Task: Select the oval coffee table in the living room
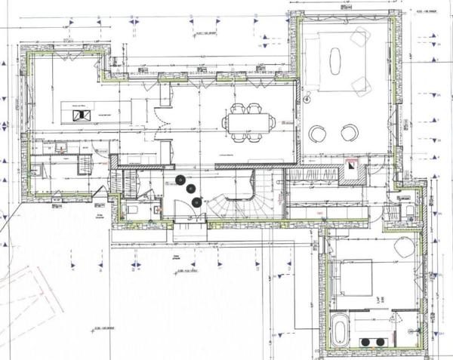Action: (x=335, y=60)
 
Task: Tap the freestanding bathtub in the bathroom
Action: (x=341, y=331)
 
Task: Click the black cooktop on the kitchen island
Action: (x=79, y=115)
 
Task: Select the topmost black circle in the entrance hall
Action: (x=181, y=178)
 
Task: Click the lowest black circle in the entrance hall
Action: (x=197, y=202)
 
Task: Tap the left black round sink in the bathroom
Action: (x=366, y=342)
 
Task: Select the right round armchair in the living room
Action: (x=348, y=134)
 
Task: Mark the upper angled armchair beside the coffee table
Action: (x=360, y=35)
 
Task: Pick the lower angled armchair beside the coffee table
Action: (x=361, y=83)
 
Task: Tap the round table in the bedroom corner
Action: (x=404, y=246)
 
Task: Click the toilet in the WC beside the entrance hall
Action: (x=131, y=211)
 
